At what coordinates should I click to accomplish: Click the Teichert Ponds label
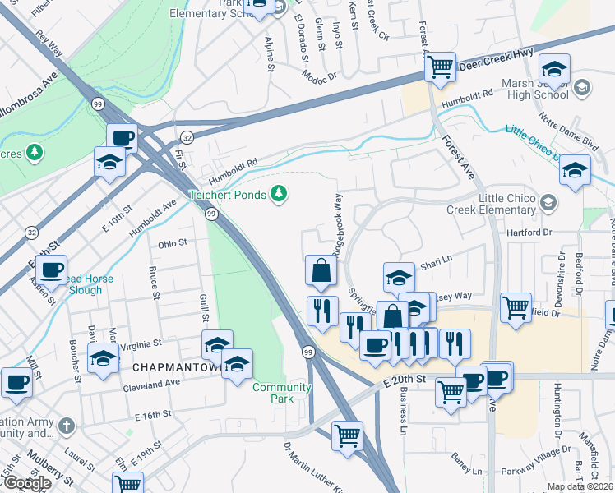[227, 195]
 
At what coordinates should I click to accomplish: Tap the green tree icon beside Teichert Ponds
[280, 194]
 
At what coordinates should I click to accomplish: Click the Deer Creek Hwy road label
[496, 61]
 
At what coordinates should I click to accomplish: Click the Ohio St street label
[173, 243]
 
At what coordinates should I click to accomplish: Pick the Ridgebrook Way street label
[337, 223]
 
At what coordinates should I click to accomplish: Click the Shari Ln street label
[437, 265]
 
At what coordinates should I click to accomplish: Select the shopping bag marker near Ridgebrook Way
[321, 270]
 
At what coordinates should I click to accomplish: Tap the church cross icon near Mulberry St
[66, 426]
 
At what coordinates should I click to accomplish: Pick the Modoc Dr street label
[321, 75]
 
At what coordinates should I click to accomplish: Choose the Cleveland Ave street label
[154, 383]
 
